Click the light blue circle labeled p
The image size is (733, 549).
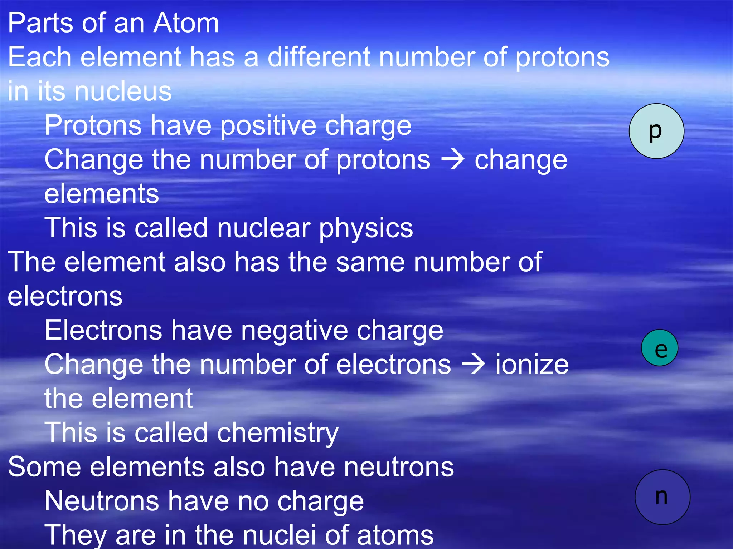point(656,131)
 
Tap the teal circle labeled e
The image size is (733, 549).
point(660,348)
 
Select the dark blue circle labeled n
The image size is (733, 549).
point(662,497)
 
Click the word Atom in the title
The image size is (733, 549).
point(186,23)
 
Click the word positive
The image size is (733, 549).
point(268,126)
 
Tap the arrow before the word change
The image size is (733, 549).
point(453,160)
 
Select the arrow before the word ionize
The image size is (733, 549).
point(473,365)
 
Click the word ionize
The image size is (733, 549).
point(532,365)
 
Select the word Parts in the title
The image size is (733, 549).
point(39,23)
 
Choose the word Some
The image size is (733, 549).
point(44,467)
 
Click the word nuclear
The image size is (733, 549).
point(264,228)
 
